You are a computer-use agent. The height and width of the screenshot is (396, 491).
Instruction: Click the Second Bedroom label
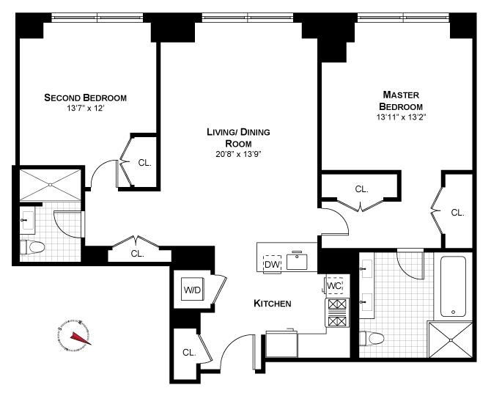pyautogui.click(x=86, y=98)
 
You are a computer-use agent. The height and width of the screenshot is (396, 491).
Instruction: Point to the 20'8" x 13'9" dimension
pyautogui.click(x=238, y=155)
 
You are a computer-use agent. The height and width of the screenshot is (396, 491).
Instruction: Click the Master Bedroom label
pyautogui.click(x=401, y=100)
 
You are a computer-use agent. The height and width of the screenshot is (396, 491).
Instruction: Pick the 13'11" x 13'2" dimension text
pyautogui.click(x=401, y=117)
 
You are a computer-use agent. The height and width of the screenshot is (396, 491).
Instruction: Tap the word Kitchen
pyautogui.click(x=273, y=304)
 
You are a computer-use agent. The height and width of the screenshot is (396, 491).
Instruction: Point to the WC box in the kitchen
pyautogui.click(x=334, y=285)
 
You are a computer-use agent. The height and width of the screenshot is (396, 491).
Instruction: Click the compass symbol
pyautogui.click(x=75, y=334)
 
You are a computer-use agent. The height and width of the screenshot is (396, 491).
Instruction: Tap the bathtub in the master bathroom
pyautogui.click(x=451, y=286)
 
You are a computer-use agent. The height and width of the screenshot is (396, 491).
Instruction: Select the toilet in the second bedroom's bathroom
pyautogui.click(x=30, y=249)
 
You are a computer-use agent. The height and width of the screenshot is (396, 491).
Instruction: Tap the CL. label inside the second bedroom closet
pyautogui.click(x=144, y=163)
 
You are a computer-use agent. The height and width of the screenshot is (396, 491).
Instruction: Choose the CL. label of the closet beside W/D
pyautogui.click(x=189, y=352)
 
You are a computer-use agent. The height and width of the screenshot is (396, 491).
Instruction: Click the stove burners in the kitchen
pyautogui.click(x=336, y=313)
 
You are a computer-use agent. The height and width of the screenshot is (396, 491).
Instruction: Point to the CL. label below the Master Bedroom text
pyautogui.click(x=361, y=188)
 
